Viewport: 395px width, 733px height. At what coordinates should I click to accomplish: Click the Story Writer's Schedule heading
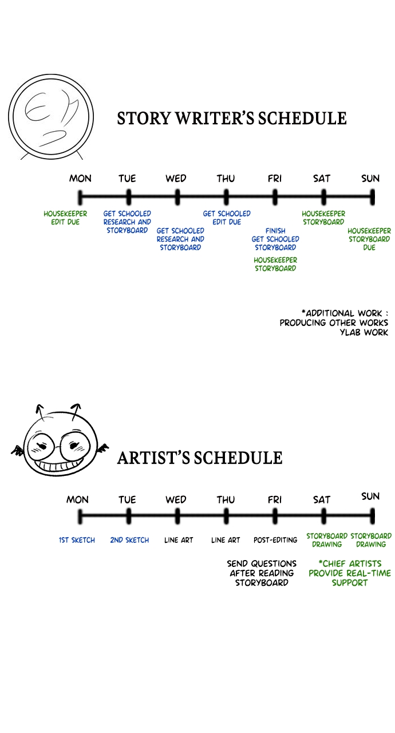[x=232, y=118]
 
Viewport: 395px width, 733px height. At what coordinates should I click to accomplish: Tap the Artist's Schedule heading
[x=200, y=458]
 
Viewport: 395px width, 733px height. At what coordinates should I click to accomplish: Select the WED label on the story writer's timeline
[x=176, y=178]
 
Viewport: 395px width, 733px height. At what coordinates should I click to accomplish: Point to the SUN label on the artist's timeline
[x=370, y=496]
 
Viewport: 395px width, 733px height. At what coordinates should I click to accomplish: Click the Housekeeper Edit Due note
[x=65, y=218]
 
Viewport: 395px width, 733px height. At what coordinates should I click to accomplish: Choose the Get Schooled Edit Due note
[x=227, y=218]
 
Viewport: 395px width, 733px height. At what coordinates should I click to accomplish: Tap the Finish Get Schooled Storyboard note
[x=275, y=239]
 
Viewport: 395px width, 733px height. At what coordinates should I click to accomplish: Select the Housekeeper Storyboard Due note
[x=369, y=239]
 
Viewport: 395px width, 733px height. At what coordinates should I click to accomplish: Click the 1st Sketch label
[x=77, y=540]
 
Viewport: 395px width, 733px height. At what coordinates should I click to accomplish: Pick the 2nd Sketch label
[x=129, y=540]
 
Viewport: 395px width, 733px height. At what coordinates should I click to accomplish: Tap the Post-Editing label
[x=275, y=540]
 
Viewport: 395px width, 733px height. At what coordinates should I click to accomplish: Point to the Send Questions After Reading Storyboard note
[x=262, y=573]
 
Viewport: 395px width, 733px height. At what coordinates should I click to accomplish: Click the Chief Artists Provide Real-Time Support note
[x=350, y=573]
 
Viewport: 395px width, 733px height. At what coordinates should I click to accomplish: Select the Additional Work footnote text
[x=334, y=322]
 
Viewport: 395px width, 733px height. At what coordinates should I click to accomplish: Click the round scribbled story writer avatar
[x=51, y=116]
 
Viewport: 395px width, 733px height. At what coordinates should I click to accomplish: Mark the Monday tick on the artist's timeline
[x=80, y=517]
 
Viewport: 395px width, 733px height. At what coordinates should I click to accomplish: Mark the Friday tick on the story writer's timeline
[x=275, y=197]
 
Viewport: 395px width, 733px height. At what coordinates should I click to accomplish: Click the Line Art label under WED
[x=179, y=540]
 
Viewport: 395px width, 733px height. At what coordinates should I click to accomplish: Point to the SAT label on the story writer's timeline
[x=322, y=178]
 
